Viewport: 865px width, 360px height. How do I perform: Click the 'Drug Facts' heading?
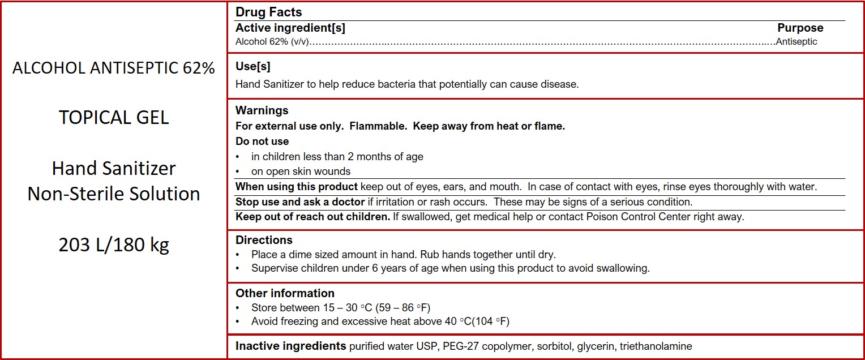click(268, 12)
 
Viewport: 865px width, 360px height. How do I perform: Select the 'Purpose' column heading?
click(800, 28)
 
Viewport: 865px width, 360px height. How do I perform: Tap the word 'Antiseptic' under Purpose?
click(797, 41)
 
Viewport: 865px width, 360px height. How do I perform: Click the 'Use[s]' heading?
click(252, 66)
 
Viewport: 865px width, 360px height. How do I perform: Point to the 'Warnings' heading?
click(262, 110)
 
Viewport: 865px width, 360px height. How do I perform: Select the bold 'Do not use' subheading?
click(262, 142)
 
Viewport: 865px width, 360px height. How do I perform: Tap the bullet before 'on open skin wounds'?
click(238, 172)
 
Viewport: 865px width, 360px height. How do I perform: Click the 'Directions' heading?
click(264, 240)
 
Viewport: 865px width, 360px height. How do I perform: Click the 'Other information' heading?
click(285, 293)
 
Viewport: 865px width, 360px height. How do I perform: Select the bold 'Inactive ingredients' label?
click(290, 346)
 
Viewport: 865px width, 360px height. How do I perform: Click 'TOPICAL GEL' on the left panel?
click(114, 117)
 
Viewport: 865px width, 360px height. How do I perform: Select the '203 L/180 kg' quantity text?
click(114, 245)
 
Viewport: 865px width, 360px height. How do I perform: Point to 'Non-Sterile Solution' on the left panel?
click(114, 194)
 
